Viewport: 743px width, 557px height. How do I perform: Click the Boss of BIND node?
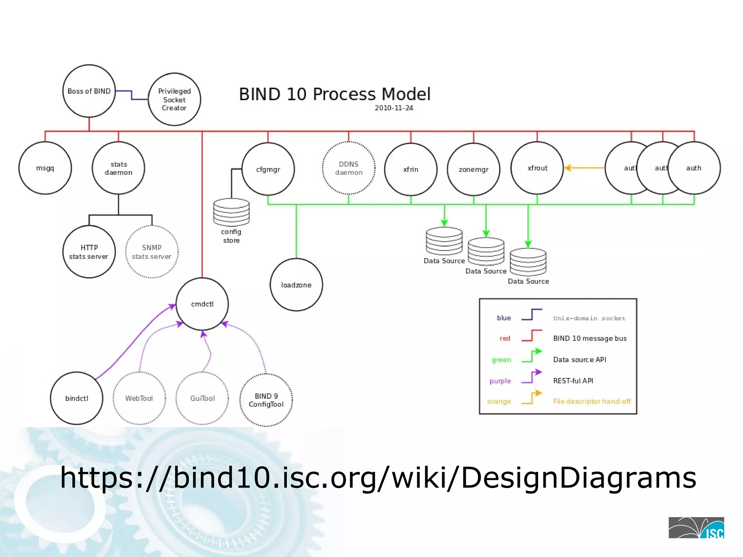[89, 91]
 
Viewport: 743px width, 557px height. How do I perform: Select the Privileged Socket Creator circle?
[174, 99]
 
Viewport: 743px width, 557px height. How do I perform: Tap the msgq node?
[45, 168]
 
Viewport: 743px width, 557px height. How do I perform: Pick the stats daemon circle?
[118, 168]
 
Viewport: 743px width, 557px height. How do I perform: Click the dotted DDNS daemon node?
[348, 168]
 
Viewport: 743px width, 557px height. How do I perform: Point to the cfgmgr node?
[268, 169]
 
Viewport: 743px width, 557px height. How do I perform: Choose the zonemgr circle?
[473, 169]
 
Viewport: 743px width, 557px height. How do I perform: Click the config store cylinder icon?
[231, 212]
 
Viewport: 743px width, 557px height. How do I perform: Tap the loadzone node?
[296, 285]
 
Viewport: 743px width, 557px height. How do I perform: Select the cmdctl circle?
[202, 304]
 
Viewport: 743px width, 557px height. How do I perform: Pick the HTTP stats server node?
[89, 252]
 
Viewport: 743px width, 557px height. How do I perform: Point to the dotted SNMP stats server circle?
[152, 252]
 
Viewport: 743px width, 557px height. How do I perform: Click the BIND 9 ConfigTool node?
[266, 400]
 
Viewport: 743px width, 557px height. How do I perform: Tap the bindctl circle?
[77, 398]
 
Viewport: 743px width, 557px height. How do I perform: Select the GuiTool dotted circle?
[202, 398]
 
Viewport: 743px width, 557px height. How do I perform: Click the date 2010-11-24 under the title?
[394, 108]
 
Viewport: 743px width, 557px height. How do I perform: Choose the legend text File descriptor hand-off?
[592, 401]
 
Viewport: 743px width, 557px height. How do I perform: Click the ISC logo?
[696, 528]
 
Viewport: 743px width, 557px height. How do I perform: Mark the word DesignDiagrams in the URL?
[578, 478]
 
